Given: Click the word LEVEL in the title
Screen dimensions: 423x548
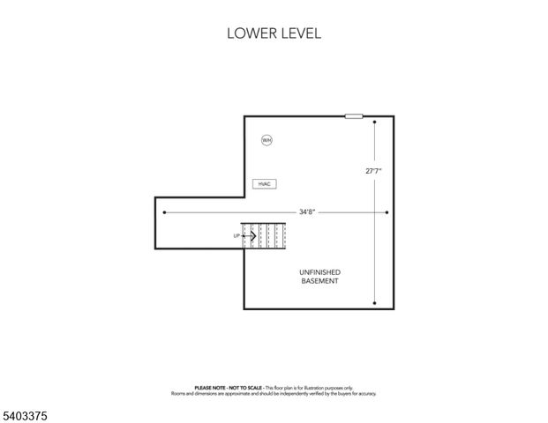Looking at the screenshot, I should click(x=300, y=34).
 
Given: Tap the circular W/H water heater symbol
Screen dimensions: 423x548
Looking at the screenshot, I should click(x=266, y=140).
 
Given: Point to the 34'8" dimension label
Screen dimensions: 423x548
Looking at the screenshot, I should click(x=306, y=212).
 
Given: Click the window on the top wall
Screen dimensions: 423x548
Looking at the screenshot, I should click(x=354, y=115).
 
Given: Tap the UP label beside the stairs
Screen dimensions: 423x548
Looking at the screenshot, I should click(x=236, y=235).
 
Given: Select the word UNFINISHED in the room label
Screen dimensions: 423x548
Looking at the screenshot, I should click(x=319, y=271).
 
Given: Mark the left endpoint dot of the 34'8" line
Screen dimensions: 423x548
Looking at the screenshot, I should click(x=165, y=212).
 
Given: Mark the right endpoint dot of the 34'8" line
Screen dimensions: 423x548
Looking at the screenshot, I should click(x=387, y=212).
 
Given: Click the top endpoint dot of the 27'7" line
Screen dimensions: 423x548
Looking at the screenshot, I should click(x=375, y=122).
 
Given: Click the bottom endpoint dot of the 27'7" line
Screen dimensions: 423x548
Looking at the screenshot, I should click(x=375, y=303).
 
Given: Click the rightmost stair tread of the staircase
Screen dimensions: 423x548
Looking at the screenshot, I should click(x=283, y=235).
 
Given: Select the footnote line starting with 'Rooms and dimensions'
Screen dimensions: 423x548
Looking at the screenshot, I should click(x=274, y=393).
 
